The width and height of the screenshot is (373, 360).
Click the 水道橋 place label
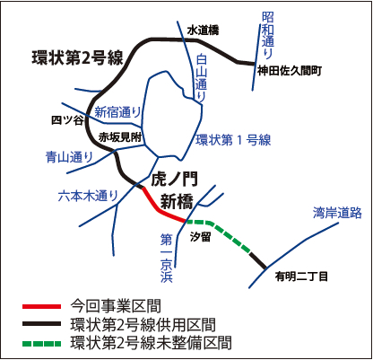coord(203,31)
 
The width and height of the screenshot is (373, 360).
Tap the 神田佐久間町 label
coord(290,71)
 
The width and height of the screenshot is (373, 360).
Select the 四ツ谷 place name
coord(67,120)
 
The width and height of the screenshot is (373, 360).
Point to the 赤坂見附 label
coord(120,137)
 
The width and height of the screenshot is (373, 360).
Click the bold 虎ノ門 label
coord(175,179)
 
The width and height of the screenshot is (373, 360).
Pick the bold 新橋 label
coord(177,201)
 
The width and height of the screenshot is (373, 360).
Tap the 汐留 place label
coord(201,237)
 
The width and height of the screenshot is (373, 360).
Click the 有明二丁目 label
coord(301,277)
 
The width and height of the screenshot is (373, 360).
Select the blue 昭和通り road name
coord(268,35)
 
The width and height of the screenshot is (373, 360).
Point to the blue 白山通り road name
coord(201,79)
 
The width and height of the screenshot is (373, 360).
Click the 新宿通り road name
coord(117,112)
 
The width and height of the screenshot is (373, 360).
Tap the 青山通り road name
coord(69,157)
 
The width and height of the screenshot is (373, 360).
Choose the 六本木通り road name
coord(88,196)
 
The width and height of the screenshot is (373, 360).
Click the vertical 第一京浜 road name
coord(167,258)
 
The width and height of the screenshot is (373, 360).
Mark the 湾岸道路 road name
coord(337,213)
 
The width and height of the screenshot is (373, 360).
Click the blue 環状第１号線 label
coord(233,140)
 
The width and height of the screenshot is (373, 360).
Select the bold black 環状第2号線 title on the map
coord(78,57)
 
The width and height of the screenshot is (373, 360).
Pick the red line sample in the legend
coord(41,306)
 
